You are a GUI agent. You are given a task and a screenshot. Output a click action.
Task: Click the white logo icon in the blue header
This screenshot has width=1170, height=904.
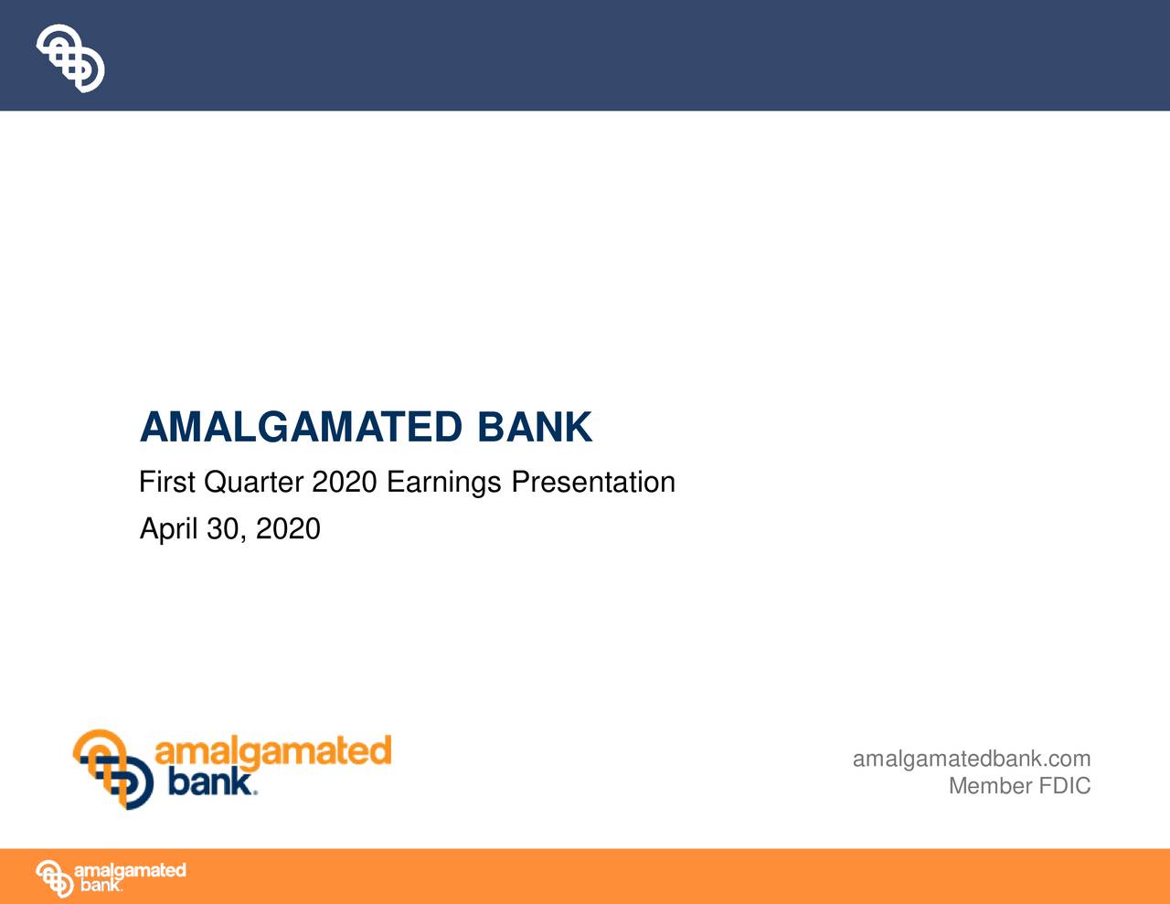(x=70, y=58)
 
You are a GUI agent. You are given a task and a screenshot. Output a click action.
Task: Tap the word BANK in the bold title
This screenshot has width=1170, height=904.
(x=534, y=428)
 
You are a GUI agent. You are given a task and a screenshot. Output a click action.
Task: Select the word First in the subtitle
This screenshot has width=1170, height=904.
(x=166, y=482)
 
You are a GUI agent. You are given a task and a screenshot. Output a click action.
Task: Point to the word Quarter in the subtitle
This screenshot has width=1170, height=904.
(x=253, y=483)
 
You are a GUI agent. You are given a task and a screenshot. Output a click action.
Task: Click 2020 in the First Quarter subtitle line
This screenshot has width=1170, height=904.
(x=344, y=482)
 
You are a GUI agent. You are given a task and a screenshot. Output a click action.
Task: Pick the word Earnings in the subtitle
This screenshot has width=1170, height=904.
(x=444, y=483)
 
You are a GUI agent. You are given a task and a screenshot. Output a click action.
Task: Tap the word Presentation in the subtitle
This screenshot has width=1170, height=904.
(x=592, y=482)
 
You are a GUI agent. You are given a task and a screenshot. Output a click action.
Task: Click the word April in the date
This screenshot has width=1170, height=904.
(x=168, y=529)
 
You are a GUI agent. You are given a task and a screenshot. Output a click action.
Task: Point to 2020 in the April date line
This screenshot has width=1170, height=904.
(x=288, y=529)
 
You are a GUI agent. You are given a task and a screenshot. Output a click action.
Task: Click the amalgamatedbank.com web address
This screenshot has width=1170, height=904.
(x=971, y=759)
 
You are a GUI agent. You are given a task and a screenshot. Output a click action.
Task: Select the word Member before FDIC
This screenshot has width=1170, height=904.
(x=990, y=786)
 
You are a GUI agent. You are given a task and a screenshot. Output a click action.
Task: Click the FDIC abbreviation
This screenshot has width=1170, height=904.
(x=1064, y=786)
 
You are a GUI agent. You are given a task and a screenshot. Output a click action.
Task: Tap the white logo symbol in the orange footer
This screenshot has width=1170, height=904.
(x=54, y=878)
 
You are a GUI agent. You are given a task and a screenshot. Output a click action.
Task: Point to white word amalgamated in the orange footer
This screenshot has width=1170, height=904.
(x=130, y=870)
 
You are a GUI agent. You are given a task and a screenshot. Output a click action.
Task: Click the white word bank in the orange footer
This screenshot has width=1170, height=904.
(x=100, y=886)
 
